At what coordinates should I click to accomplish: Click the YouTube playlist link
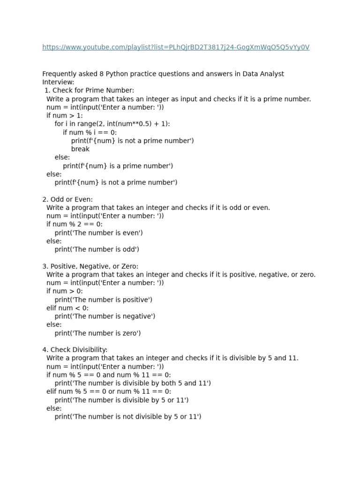[x=176, y=47]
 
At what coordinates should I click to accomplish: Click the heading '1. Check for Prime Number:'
[x=89, y=90]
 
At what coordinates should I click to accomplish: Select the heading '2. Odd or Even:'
[x=67, y=200]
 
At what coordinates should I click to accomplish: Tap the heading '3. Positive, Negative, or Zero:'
[x=90, y=266]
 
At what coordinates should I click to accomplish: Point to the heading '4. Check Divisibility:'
[x=75, y=350]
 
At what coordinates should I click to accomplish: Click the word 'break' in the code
[x=80, y=149]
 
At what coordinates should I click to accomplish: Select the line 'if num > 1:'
[x=65, y=115]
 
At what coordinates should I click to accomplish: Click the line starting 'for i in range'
[x=112, y=124]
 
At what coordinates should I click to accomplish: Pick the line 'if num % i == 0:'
[x=90, y=132]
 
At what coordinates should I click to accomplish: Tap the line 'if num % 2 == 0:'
[x=75, y=225]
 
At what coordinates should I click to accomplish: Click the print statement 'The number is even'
[x=98, y=233]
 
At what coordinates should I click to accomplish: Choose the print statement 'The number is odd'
[x=97, y=249]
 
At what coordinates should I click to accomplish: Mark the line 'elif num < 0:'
[x=67, y=308]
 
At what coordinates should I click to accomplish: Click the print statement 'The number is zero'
[x=97, y=333]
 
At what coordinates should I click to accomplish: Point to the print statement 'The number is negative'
[x=105, y=316]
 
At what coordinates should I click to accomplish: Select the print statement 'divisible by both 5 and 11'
[x=133, y=383]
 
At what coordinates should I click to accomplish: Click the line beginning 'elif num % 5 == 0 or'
[x=109, y=391]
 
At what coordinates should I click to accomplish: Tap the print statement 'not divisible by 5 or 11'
[x=128, y=417]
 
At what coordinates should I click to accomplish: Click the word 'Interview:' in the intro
[x=58, y=82]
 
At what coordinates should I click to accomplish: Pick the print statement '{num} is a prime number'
[x=118, y=166]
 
